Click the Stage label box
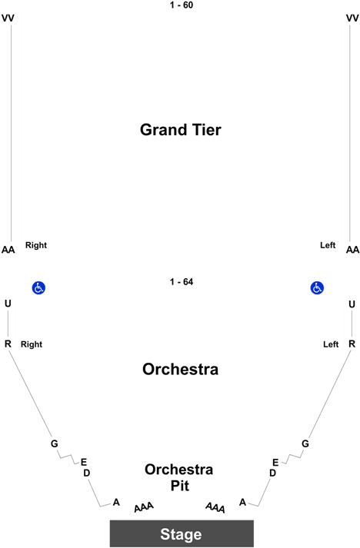[x=182, y=533]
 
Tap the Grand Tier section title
[x=181, y=130]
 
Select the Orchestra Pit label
[x=179, y=477]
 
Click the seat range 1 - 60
[x=182, y=5]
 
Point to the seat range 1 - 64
[x=182, y=282]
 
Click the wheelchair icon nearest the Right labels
[x=38, y=288]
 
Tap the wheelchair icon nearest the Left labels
[x=317, y=288]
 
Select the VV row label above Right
[x=8, y=18]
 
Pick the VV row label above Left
[x=352, y=18]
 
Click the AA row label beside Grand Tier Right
[x=8, y=250]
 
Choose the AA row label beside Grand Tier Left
[x=352, y=250]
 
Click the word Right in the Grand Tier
[x=36, y=245]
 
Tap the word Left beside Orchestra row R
[x=331, y=344]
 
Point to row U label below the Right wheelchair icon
[x=8, y=304]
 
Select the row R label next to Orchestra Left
[x=352, y=344]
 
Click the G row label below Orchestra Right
[x=54, y=443]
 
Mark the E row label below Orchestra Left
[x=275, y=463]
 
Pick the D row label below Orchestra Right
[x=87, y=473]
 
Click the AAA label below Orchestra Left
[x=215, y=507]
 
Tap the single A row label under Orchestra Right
[x=116, y=502]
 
